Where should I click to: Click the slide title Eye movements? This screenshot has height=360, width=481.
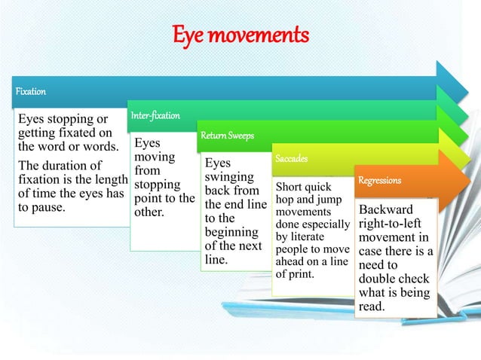point(241,35)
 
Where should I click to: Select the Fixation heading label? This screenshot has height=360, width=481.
point(31,91)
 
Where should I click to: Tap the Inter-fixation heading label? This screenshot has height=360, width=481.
point(155,116)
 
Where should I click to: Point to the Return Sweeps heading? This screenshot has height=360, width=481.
point(227,136)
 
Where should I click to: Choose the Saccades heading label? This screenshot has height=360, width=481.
point(291,160)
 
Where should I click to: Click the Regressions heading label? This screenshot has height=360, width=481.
point(380,181)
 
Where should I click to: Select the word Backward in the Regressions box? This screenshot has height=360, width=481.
point(386,209)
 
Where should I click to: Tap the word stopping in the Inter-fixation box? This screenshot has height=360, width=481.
point(157,185)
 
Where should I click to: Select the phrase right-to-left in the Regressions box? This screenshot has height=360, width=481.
point(391,224)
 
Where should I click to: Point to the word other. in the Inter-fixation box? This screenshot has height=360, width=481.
point(149,212)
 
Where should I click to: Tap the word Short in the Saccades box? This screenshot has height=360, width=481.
point(290,186)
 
